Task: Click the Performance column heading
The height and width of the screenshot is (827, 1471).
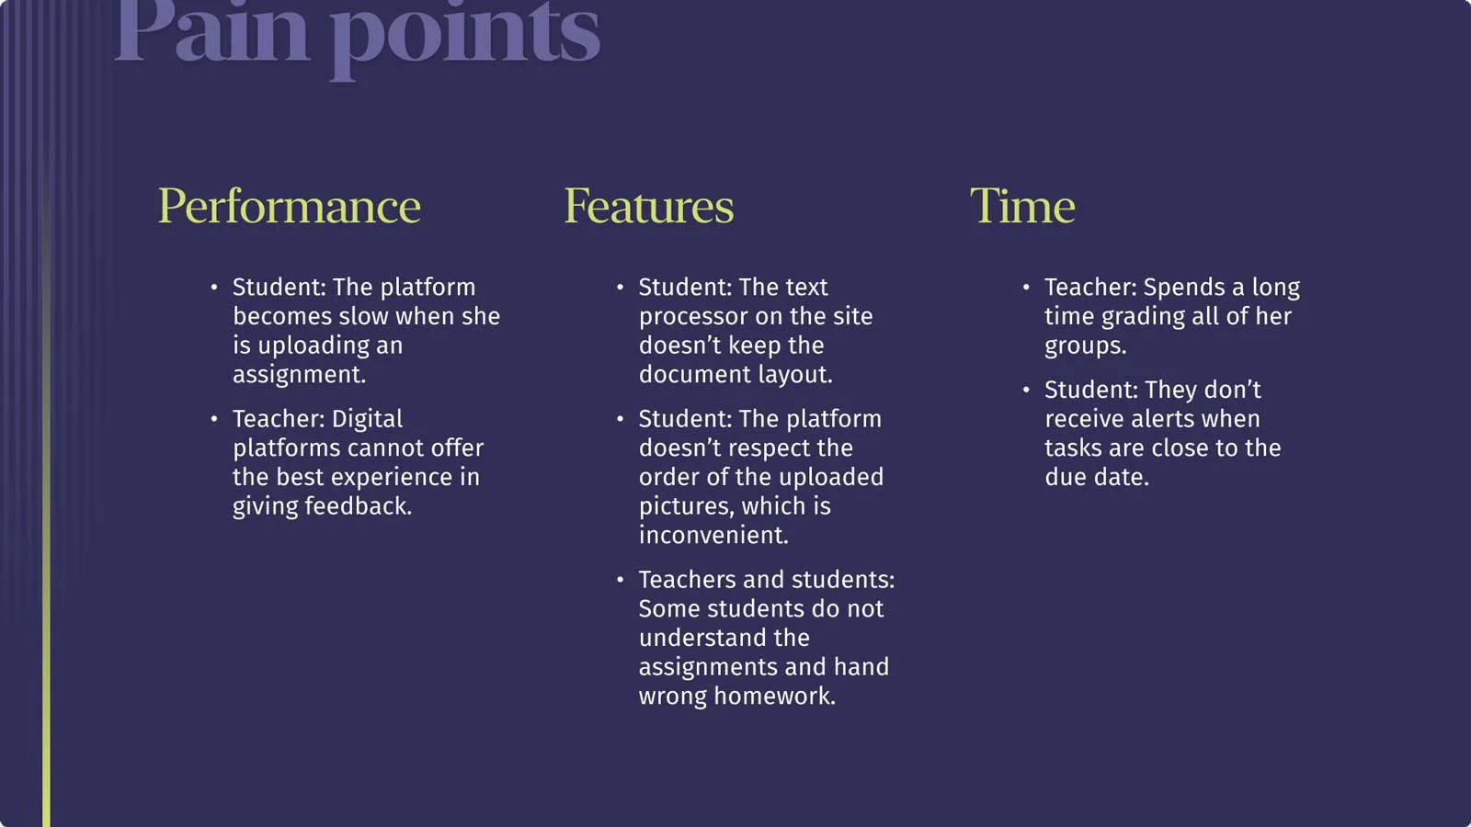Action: [289, 206]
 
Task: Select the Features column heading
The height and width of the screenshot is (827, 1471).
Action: [649, 206]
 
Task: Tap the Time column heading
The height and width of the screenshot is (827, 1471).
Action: [1022, 206]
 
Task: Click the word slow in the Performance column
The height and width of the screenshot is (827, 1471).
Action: [364, 316]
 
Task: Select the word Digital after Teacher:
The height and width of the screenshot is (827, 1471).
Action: [367, 419]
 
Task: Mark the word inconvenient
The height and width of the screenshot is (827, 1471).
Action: [713, 535]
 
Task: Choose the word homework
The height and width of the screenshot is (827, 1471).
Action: [775, 696]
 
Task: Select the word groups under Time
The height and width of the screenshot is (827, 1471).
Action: [1086, 346]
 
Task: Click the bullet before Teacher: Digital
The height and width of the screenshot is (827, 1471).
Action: [214, 419]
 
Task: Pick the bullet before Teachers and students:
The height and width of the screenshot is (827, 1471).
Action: [620, 580]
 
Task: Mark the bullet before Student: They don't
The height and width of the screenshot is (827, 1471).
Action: [1026, 390]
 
